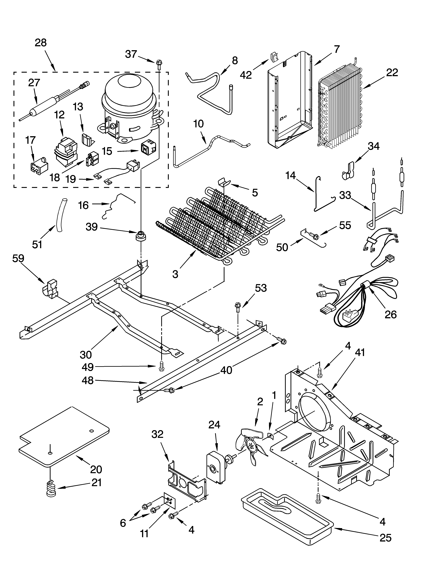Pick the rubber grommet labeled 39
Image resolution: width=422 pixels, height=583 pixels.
click(x=141, y=235)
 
